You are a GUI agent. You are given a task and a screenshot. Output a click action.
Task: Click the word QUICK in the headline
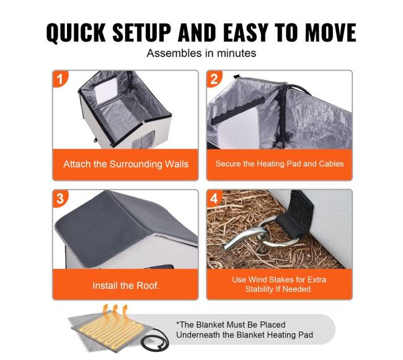tap(76, 33)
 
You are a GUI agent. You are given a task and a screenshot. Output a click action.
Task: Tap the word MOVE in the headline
tap(331, 32)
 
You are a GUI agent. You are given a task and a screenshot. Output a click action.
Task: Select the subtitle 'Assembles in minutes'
tap(201, 53)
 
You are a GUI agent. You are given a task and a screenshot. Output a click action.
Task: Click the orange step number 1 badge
tap(60, 79)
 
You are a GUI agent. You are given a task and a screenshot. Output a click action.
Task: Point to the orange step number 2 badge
tap(214, 79)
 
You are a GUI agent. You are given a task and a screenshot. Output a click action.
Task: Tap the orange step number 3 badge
tap(60, 198)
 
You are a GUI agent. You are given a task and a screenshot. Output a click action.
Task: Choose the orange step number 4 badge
tap(214, 198)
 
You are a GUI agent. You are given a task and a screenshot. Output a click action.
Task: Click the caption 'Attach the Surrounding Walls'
tap(126, 164)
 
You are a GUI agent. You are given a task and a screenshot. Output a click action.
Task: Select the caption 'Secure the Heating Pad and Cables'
tap(280, 164)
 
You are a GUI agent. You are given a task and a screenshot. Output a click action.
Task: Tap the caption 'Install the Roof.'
tap(126, 286)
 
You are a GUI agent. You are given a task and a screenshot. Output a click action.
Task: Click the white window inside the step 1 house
tap(106, 90)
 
